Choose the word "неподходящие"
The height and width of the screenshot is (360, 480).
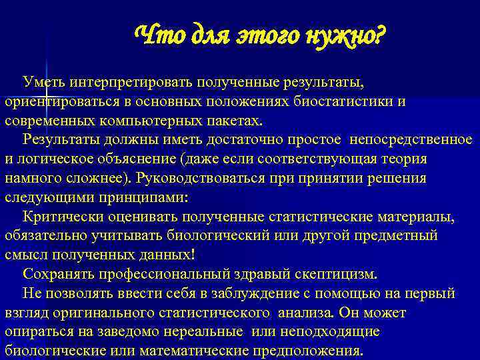point(331,331)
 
